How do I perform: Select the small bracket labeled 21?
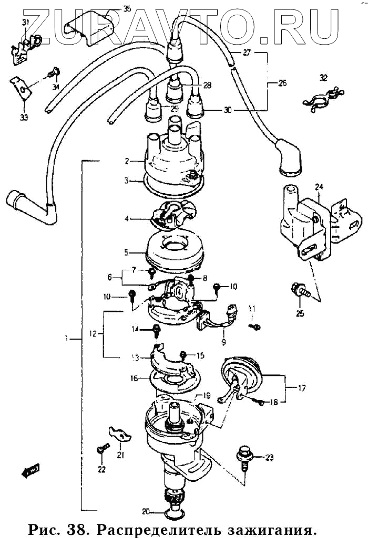pyautogui.click(x=118, y=434)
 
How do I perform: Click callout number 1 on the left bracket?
pyautogui.click(x=67, y=340)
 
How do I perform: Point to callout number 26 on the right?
pyautogui.click(x=282, y=83)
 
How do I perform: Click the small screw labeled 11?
pyautogui.click(x=255, y=326)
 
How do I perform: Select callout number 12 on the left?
pyautogui.click(x=93, y=333)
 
